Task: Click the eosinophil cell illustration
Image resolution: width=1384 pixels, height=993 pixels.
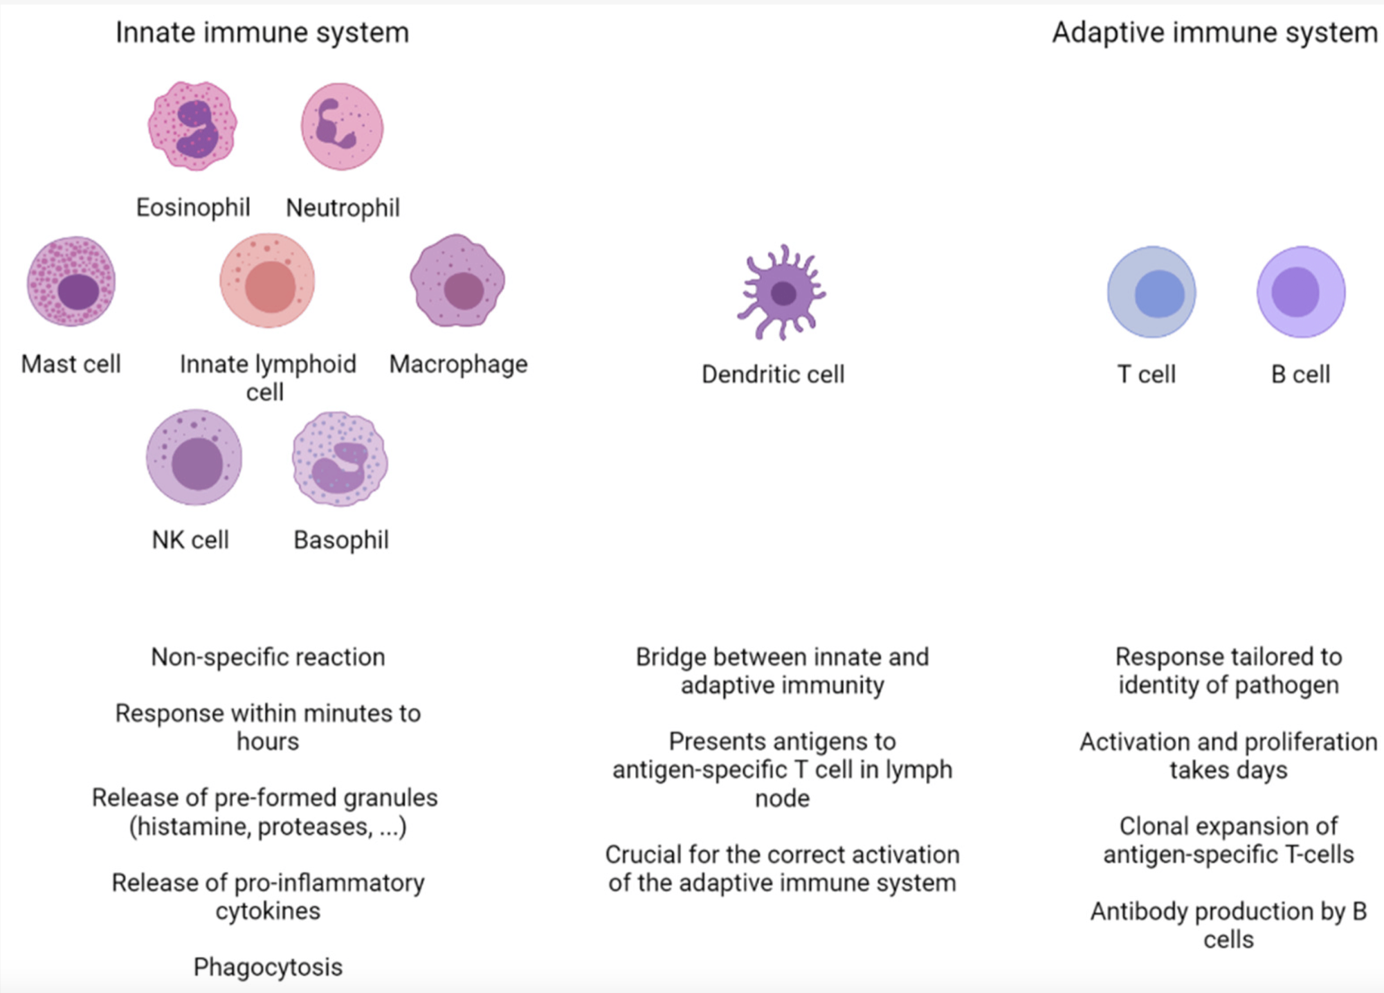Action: (x=192, y=126)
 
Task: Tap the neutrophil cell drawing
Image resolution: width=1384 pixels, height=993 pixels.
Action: (x=342, y=127)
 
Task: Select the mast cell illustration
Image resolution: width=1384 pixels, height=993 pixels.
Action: (x=71, y=281)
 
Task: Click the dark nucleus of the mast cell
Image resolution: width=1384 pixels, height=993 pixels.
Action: (x=78, y=291)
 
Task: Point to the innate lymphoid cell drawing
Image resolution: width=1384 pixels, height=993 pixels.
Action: (x=267, y=280)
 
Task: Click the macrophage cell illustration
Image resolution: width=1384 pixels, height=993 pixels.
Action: (x=457, y=280)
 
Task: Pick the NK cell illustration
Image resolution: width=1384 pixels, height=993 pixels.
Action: (x=194, y=457)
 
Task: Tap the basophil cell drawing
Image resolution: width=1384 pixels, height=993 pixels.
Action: (x=340, y=459)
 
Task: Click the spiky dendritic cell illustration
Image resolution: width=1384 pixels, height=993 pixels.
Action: (x=782, y=293)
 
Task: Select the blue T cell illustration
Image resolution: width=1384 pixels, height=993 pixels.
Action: (x=1151, y=292)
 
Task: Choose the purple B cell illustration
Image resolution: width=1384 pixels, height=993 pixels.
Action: (x=1301, y=292)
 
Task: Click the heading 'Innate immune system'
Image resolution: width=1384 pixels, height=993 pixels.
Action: (x=262, y=33)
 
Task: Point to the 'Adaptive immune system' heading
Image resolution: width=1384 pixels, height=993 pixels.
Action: (x=1215, y=33)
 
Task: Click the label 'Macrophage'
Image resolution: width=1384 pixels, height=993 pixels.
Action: (x=458, y=365)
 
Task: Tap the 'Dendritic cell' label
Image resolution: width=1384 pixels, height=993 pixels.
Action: (x=773, y=374)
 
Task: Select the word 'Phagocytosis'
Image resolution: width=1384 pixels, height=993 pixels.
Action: (x=268, y=967)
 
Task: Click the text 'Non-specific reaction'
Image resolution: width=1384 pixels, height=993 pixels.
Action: (x=268, y=657)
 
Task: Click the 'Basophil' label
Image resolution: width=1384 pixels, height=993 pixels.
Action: (x=341, y=540)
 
